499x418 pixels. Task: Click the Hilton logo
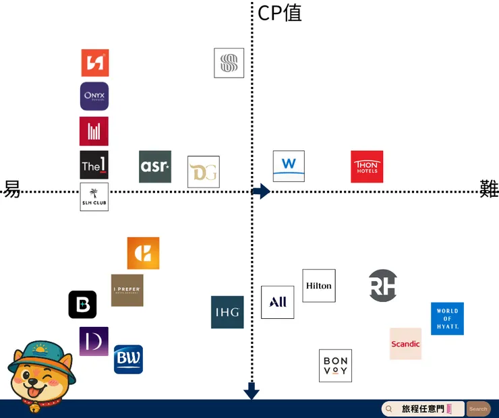319,286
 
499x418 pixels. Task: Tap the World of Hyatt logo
447,319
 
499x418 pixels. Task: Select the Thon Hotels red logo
367,167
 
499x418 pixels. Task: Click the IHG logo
227,312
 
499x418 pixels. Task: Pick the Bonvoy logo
335,365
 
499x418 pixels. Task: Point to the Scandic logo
405,344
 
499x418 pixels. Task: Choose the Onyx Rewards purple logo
94,96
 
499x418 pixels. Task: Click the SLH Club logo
94,197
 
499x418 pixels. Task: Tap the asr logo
155,167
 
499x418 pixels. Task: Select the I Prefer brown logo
127,291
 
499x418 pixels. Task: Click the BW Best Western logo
128,359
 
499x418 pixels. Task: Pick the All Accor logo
278,302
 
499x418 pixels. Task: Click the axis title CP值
279,13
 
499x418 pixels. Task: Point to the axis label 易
12,189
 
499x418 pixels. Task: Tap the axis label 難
489,189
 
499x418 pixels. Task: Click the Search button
478,409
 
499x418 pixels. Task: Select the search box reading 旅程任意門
423,409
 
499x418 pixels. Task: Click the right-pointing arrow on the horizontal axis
261,191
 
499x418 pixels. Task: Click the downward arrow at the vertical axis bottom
252,391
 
